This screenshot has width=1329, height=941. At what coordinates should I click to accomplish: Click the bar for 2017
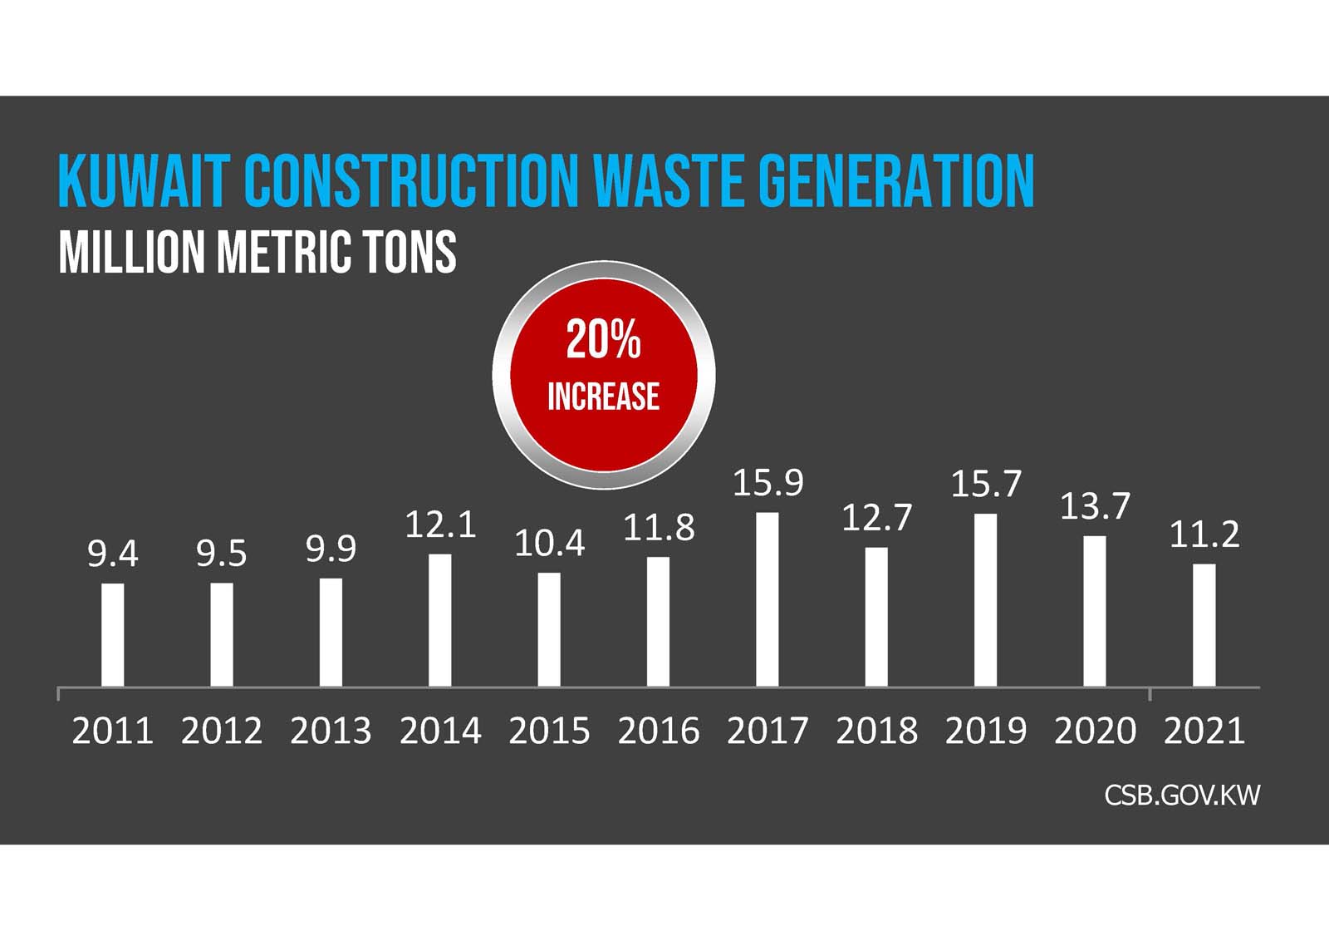(767, 599)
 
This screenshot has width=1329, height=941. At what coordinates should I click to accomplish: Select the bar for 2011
(113, 634)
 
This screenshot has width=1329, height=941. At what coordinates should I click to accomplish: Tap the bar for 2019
(985, 600)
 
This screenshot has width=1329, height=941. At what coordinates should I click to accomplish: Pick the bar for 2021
(1204, 625)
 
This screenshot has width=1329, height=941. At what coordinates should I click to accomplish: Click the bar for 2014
(440, 620)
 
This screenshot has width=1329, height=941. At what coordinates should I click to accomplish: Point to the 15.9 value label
(767, 483)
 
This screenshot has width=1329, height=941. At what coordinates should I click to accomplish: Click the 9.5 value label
(222, 554)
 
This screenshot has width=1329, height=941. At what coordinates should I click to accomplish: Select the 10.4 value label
(549, 544)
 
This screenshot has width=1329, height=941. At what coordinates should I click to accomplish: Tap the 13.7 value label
(1095, 506)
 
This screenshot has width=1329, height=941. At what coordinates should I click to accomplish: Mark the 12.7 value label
(876, 518)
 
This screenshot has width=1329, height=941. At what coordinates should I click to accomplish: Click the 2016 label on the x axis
(659, 731)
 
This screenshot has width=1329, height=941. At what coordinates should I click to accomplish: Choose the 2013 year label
(331, 731)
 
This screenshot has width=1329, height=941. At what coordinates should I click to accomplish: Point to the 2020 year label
(1095, 731)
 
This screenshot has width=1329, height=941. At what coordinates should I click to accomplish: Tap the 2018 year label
(876, 731)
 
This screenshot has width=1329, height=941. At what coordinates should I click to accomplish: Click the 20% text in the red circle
(603, 340)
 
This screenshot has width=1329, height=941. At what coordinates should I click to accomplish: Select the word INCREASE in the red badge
(603, 397)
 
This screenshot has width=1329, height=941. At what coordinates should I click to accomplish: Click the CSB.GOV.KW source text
(1181, 796)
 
